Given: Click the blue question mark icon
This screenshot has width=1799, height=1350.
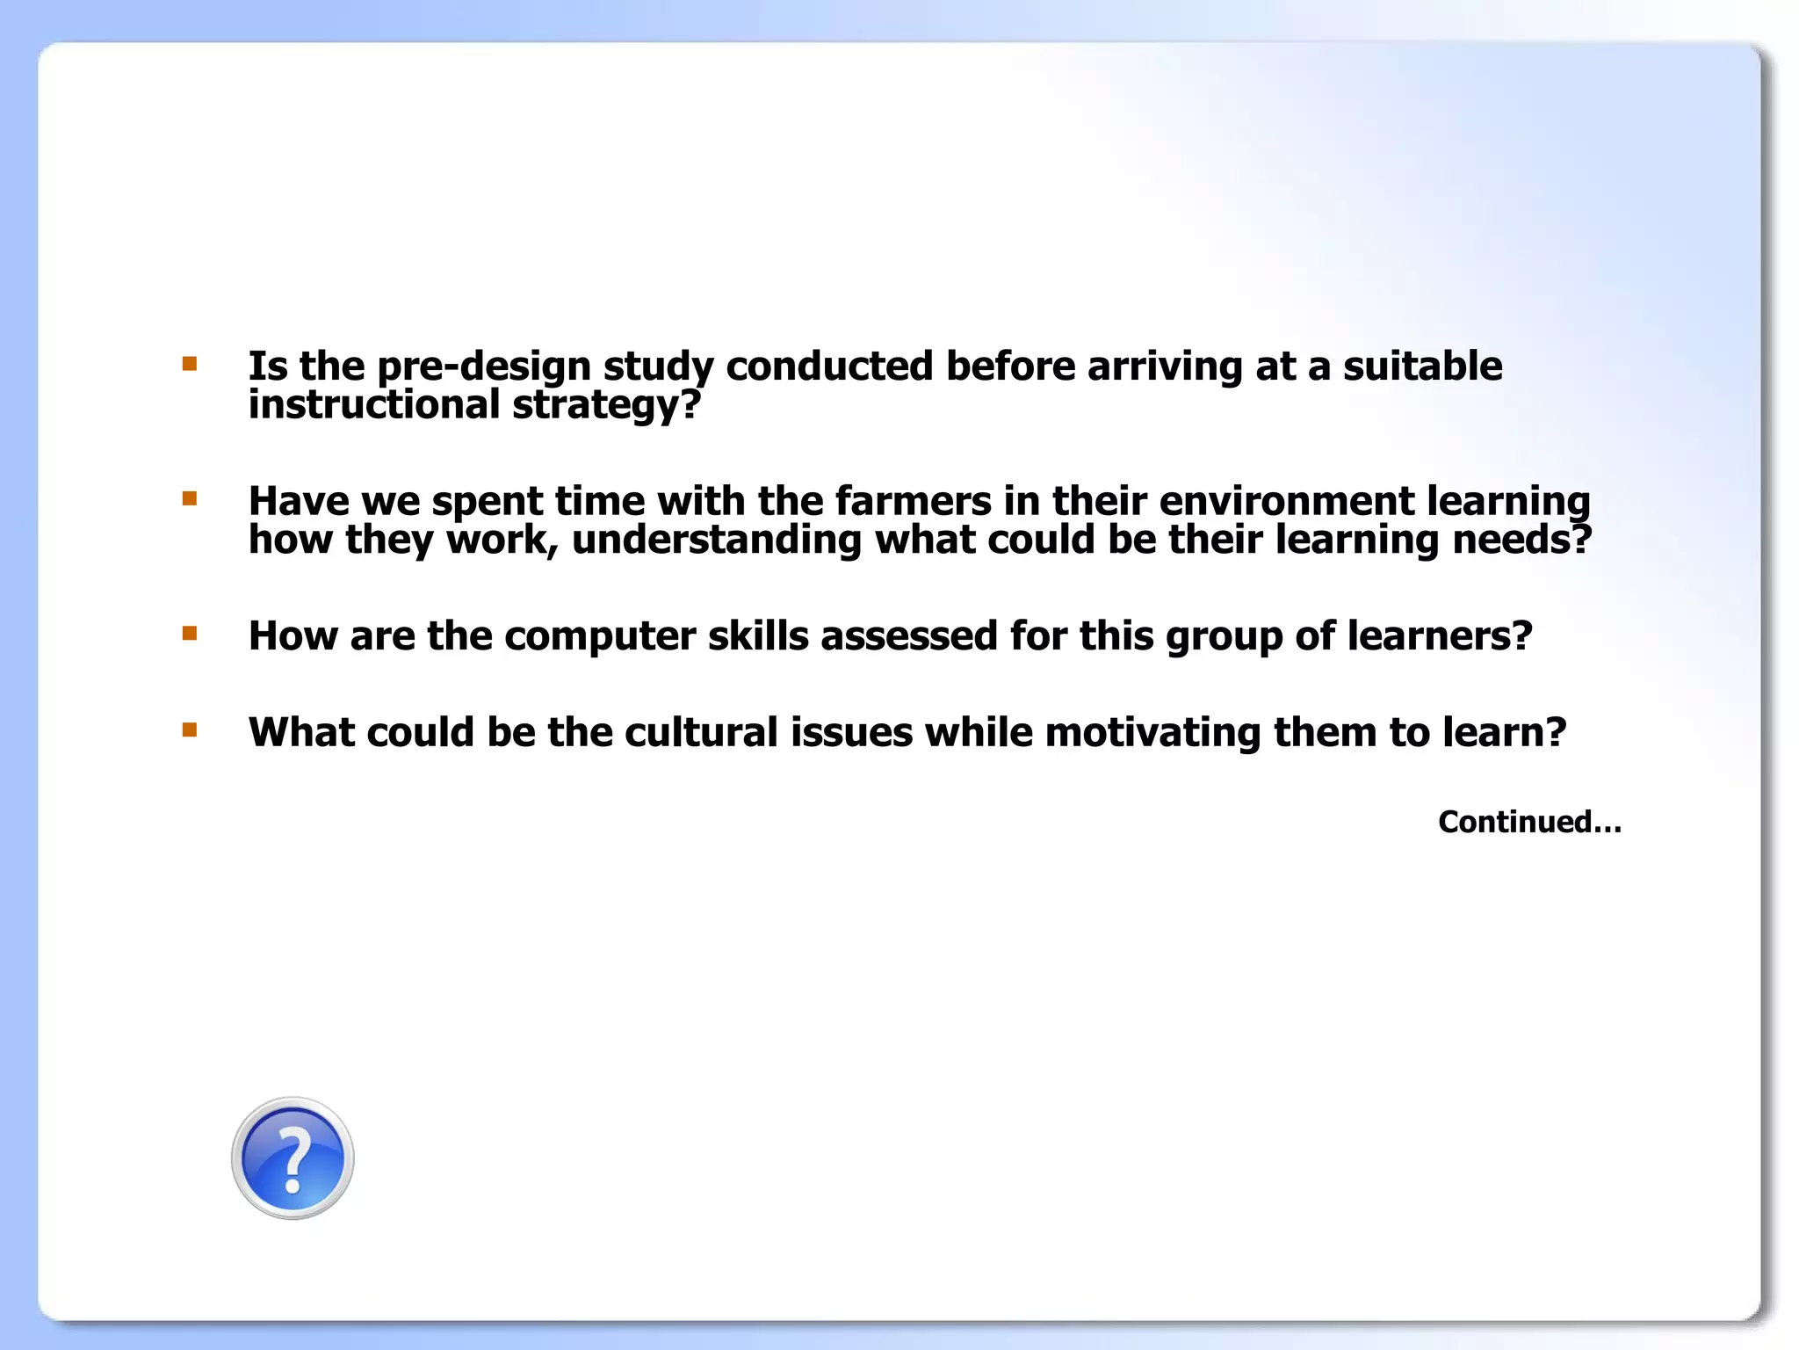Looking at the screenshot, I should point(293,1158).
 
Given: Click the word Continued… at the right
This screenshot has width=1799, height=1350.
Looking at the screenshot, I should point(1529,822).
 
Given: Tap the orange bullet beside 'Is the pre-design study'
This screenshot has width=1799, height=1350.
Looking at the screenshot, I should point(190,363).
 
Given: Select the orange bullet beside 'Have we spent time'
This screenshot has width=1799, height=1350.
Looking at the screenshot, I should point(190,498).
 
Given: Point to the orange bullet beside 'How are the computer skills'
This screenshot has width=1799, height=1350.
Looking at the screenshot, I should point(190,633).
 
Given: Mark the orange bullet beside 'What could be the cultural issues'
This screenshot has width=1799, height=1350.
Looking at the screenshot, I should point(190,729).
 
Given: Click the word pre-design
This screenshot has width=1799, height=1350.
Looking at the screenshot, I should point(483,367).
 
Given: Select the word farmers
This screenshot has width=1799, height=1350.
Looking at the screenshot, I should point(914,501).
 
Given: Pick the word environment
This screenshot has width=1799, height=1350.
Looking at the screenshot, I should point(1287,501).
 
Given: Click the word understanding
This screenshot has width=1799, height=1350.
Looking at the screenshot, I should point(717,540).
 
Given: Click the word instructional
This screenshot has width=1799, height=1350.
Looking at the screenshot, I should point(374,405).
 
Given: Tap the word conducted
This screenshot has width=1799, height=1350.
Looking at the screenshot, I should point(829,367).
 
